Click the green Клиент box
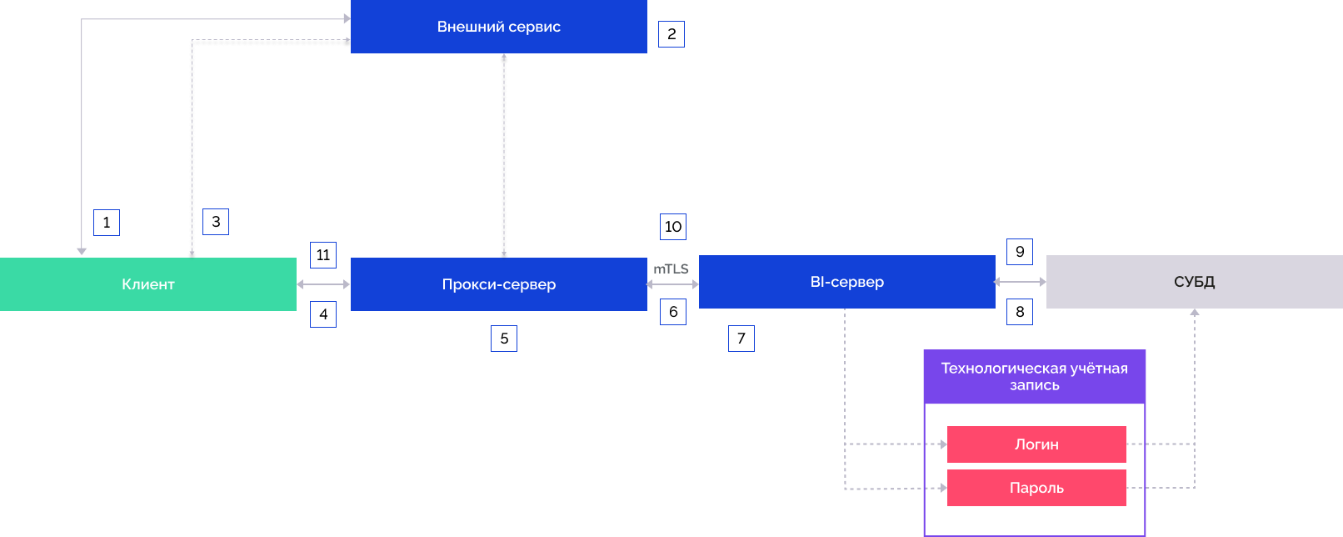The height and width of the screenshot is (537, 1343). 148,284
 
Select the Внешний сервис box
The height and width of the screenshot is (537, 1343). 498,27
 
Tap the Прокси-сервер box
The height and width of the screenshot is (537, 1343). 498,284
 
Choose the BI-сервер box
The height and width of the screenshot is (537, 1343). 846,282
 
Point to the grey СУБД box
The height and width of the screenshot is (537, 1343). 1194,282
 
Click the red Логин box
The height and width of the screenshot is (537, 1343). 1036,444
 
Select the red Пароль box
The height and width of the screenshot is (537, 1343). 1036,488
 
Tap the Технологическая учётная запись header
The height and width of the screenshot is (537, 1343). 1034,377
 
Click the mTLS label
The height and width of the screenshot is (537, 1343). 671,268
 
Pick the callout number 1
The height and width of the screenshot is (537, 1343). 107,223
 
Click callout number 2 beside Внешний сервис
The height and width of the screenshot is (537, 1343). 671,34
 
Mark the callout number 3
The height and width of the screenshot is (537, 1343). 216,222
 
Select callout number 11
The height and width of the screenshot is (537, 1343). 323,255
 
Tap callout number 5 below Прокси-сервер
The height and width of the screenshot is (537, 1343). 504,339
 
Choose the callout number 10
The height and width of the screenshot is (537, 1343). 673,227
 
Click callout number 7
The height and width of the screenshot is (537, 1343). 741,339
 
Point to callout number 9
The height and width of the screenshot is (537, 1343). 1020,252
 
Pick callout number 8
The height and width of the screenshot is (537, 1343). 1020,312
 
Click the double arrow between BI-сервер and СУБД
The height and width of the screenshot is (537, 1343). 1021,282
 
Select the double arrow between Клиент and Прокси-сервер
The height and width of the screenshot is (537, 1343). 323,284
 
